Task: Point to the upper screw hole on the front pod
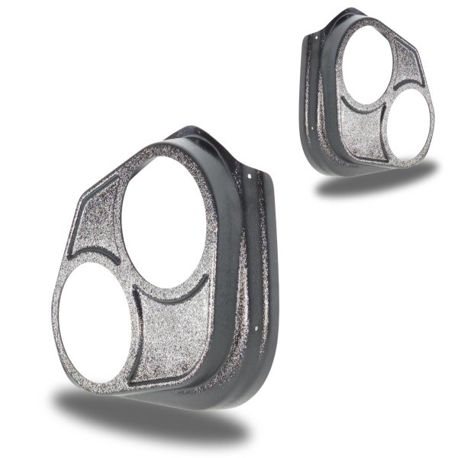(x=253, y=177)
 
